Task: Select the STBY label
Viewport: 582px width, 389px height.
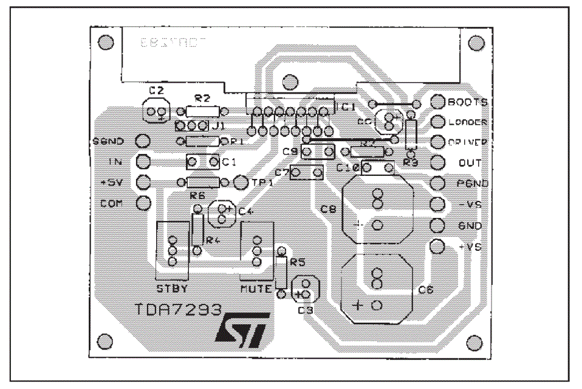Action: [172, 288]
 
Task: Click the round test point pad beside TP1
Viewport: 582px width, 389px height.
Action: [241, 182]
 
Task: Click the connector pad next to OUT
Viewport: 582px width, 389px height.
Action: [438, 163]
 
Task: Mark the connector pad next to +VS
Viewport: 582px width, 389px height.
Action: [437, 247]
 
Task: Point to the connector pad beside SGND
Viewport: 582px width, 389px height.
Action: [143, 141]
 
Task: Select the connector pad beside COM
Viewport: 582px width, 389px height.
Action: [143, 203]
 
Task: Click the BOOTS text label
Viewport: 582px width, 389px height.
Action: [467, 102]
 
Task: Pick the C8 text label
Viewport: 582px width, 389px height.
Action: [328, 209]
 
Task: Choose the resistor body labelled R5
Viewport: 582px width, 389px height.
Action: [281, 272]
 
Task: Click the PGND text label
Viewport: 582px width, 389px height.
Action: [470, 183]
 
